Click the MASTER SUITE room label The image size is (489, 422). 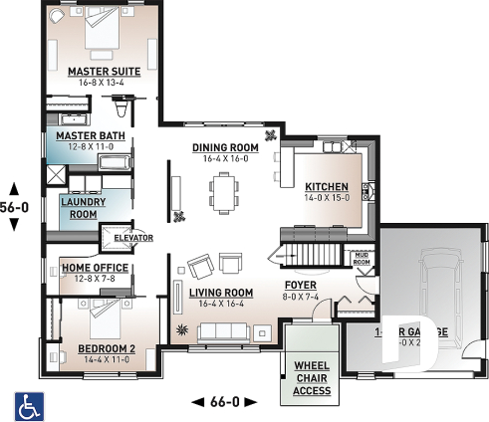pyautogui.click(x=103, y=73)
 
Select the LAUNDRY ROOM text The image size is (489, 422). pyautogui.click(x=78, y=207)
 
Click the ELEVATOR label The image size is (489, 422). pyautogui.click(x=132, y=239)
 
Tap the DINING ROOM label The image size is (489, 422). pyautogui.click(x=225, y=147)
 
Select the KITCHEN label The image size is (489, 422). pyautogui.click(x=326, y=186)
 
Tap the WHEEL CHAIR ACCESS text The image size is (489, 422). pyautogui.click(x=312, y=378)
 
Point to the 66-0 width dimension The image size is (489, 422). pyautogui.click(x=223, y=401)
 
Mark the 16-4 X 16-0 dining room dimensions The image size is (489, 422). pyautogui.click(x=225, y=159)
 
